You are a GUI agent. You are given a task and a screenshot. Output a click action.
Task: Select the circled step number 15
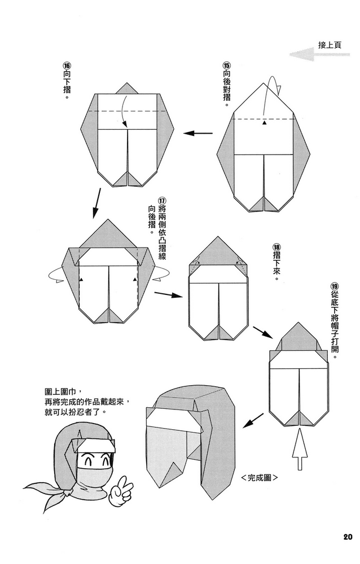coord(226,65)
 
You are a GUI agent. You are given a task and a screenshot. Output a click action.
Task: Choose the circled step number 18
coord(276,247)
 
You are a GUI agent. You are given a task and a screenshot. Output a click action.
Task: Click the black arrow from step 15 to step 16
coord(199,134)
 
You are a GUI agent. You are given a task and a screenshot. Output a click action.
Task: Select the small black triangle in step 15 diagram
coord(264,122)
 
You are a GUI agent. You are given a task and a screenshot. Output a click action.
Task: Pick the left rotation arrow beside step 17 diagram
coord(56,275)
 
